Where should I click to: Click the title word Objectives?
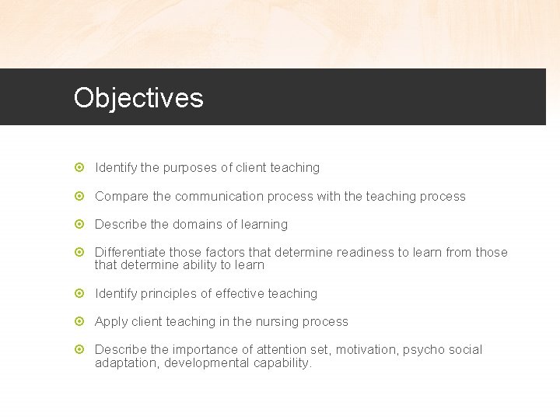click(138, 98)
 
